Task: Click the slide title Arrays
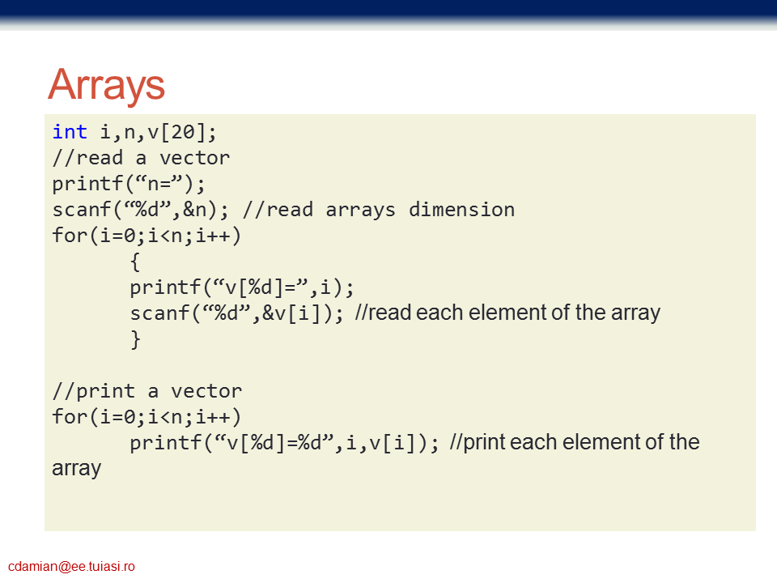(x=107, y=85)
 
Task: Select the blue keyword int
(x=70, y=132)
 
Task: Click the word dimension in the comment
(x=462, y=209)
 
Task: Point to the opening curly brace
(x=135, y=262)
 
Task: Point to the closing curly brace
(x=135, y=339)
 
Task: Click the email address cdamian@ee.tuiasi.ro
(x=71, y=566)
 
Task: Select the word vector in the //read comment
(x=195, y=158)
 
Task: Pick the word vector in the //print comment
(x=206, y=391)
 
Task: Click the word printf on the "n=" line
(x=87, y=184)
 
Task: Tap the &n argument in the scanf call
(x=195, y=210)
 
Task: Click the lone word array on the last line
(x=77, y=469)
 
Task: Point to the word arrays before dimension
(x=361, y=211)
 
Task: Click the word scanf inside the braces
(x=159, y=313)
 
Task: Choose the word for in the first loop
(x=70, y=235)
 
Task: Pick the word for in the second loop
(x=70, y=416)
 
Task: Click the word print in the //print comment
(x=105, y=392)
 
